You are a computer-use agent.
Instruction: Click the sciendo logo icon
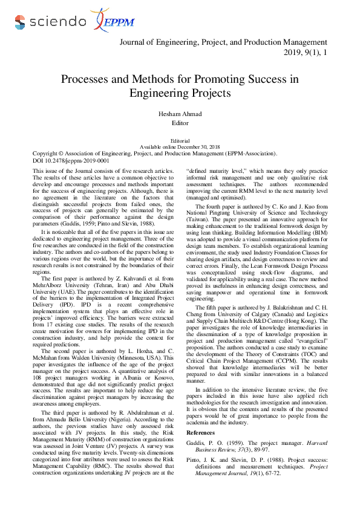coord(20,22)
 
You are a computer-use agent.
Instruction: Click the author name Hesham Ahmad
coord(180,114)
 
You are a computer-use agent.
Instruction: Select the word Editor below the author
coord(180,123)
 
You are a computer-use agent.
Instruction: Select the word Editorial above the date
coord(180,140)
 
